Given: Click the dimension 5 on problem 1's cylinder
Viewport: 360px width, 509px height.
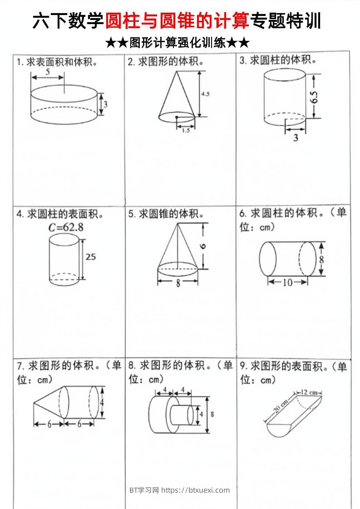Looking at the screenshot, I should pyautogui.click(x=48, y=72).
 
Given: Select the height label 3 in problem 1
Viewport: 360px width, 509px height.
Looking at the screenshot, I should pyautogui.click(x=105, y=104).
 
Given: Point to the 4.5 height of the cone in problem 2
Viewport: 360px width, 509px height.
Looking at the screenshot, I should pyautogui.click(x=205, y=94).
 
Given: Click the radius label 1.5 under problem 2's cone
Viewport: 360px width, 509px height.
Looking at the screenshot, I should pyautogui.click(x=186, y=130).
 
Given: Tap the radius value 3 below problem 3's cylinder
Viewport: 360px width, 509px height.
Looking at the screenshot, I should pyautogui.click(x=296, y=137).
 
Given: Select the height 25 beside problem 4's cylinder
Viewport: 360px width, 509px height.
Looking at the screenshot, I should pyautogui.click(x=91, y=257).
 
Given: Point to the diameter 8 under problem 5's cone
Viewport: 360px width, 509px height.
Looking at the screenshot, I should pyautogui.click(x=178, y=284).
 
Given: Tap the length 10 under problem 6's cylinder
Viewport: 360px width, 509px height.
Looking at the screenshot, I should pyautogui.click(x=288, y=283).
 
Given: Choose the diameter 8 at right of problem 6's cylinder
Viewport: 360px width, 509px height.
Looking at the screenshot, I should pyautogui.click(x=321, y=259).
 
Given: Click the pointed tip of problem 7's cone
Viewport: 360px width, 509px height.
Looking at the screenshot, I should pyautogui.click(x=34, y=402).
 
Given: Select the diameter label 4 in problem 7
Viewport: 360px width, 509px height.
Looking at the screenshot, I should pyautogui.click(x=103, y=402).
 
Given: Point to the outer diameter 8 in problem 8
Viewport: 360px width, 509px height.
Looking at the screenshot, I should pyautogui.click(x=212, y=414).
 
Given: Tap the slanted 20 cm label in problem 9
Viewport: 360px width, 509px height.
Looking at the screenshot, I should pyautogui.click(x=281, y=405).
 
